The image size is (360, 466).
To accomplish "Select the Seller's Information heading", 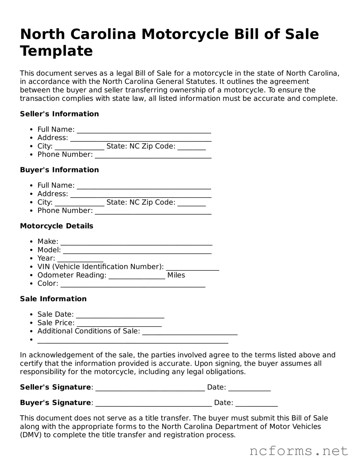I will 59,114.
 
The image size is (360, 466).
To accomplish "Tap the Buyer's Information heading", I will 59,170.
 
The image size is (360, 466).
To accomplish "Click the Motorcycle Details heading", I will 56,226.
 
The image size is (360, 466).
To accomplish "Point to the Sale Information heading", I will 53,299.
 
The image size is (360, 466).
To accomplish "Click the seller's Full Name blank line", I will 144,130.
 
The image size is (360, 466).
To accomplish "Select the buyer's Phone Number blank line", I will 153,211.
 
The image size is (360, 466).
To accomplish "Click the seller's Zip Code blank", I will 192,147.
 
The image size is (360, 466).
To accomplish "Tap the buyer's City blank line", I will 79,203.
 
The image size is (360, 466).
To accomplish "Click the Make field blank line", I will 136,242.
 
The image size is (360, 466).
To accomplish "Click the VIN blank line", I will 192,267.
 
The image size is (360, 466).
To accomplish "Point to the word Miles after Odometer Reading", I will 176,275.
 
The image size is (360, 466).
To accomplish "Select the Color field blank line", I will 133,284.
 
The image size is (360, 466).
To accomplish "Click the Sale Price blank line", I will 119,323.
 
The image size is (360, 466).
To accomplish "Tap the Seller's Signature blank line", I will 150,388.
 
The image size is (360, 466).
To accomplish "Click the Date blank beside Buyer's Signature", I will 257,403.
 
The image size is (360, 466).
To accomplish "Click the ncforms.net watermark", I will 298,451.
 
